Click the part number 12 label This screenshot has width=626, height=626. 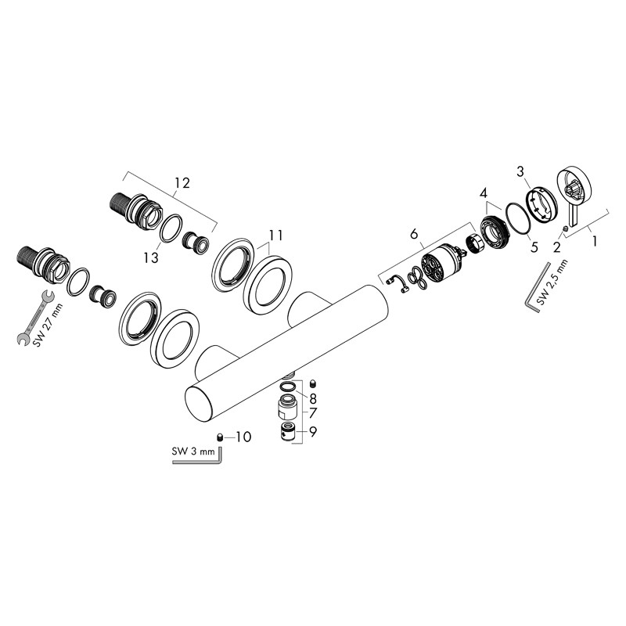click(x=182, y=183)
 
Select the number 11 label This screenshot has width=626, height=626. click(x=274, y=234)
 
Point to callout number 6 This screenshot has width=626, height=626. click(x=415, y=232)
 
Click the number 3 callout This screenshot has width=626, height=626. click(x=520, y=171)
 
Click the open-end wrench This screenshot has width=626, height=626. click(x=34, y=316)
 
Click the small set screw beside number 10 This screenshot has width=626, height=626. click(x=221, y=437)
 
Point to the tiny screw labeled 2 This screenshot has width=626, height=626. click(x=566, y=228)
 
